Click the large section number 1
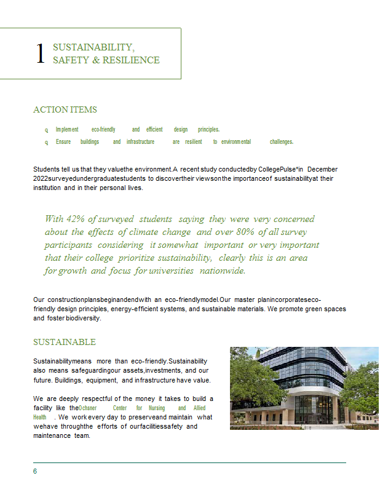(41, 54)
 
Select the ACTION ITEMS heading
(65, 110)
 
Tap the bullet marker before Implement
(46, 130)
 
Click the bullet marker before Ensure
(46, 142)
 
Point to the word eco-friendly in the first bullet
(103, 130)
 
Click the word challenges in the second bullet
(281, 142)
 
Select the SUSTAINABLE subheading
(65, 342)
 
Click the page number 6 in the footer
(35, 471)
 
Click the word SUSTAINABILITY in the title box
(93, 47)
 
